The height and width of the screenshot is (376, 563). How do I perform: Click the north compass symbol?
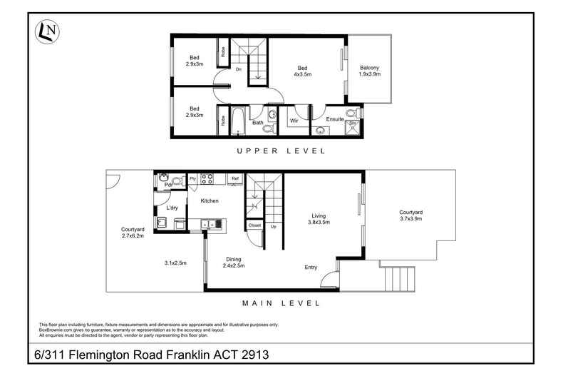pos(48,31)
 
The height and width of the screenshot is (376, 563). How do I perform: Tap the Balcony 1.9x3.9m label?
pos(369,71)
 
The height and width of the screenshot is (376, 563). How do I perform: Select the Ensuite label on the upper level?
pos(335,119)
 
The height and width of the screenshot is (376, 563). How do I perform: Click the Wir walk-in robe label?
pos(294,121)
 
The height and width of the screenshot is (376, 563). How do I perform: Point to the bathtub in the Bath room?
pos(237,121)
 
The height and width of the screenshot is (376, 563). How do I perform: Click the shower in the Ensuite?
pos(352,128)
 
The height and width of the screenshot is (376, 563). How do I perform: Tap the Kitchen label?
pos(210,200)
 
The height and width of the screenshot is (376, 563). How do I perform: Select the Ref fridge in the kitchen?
pos(235,179)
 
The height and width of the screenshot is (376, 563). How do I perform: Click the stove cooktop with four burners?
pos(207,179)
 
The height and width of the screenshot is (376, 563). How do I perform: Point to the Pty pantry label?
pos(193,178)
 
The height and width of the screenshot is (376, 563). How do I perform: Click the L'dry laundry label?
pos(172,208)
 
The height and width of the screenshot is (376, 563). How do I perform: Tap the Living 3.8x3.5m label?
pos(319,219)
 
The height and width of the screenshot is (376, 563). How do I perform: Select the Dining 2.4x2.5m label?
pos(233,263)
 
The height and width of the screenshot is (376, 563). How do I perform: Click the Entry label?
pos(311,267)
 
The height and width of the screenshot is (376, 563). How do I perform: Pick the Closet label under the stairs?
pos(254,225)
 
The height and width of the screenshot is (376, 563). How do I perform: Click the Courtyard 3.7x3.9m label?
pos(410,215)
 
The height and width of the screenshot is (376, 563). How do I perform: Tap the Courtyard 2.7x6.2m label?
pos(133,233)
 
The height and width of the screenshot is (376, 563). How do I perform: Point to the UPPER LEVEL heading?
pos(281,151)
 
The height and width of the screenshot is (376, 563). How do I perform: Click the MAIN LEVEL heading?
pos(281,303)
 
